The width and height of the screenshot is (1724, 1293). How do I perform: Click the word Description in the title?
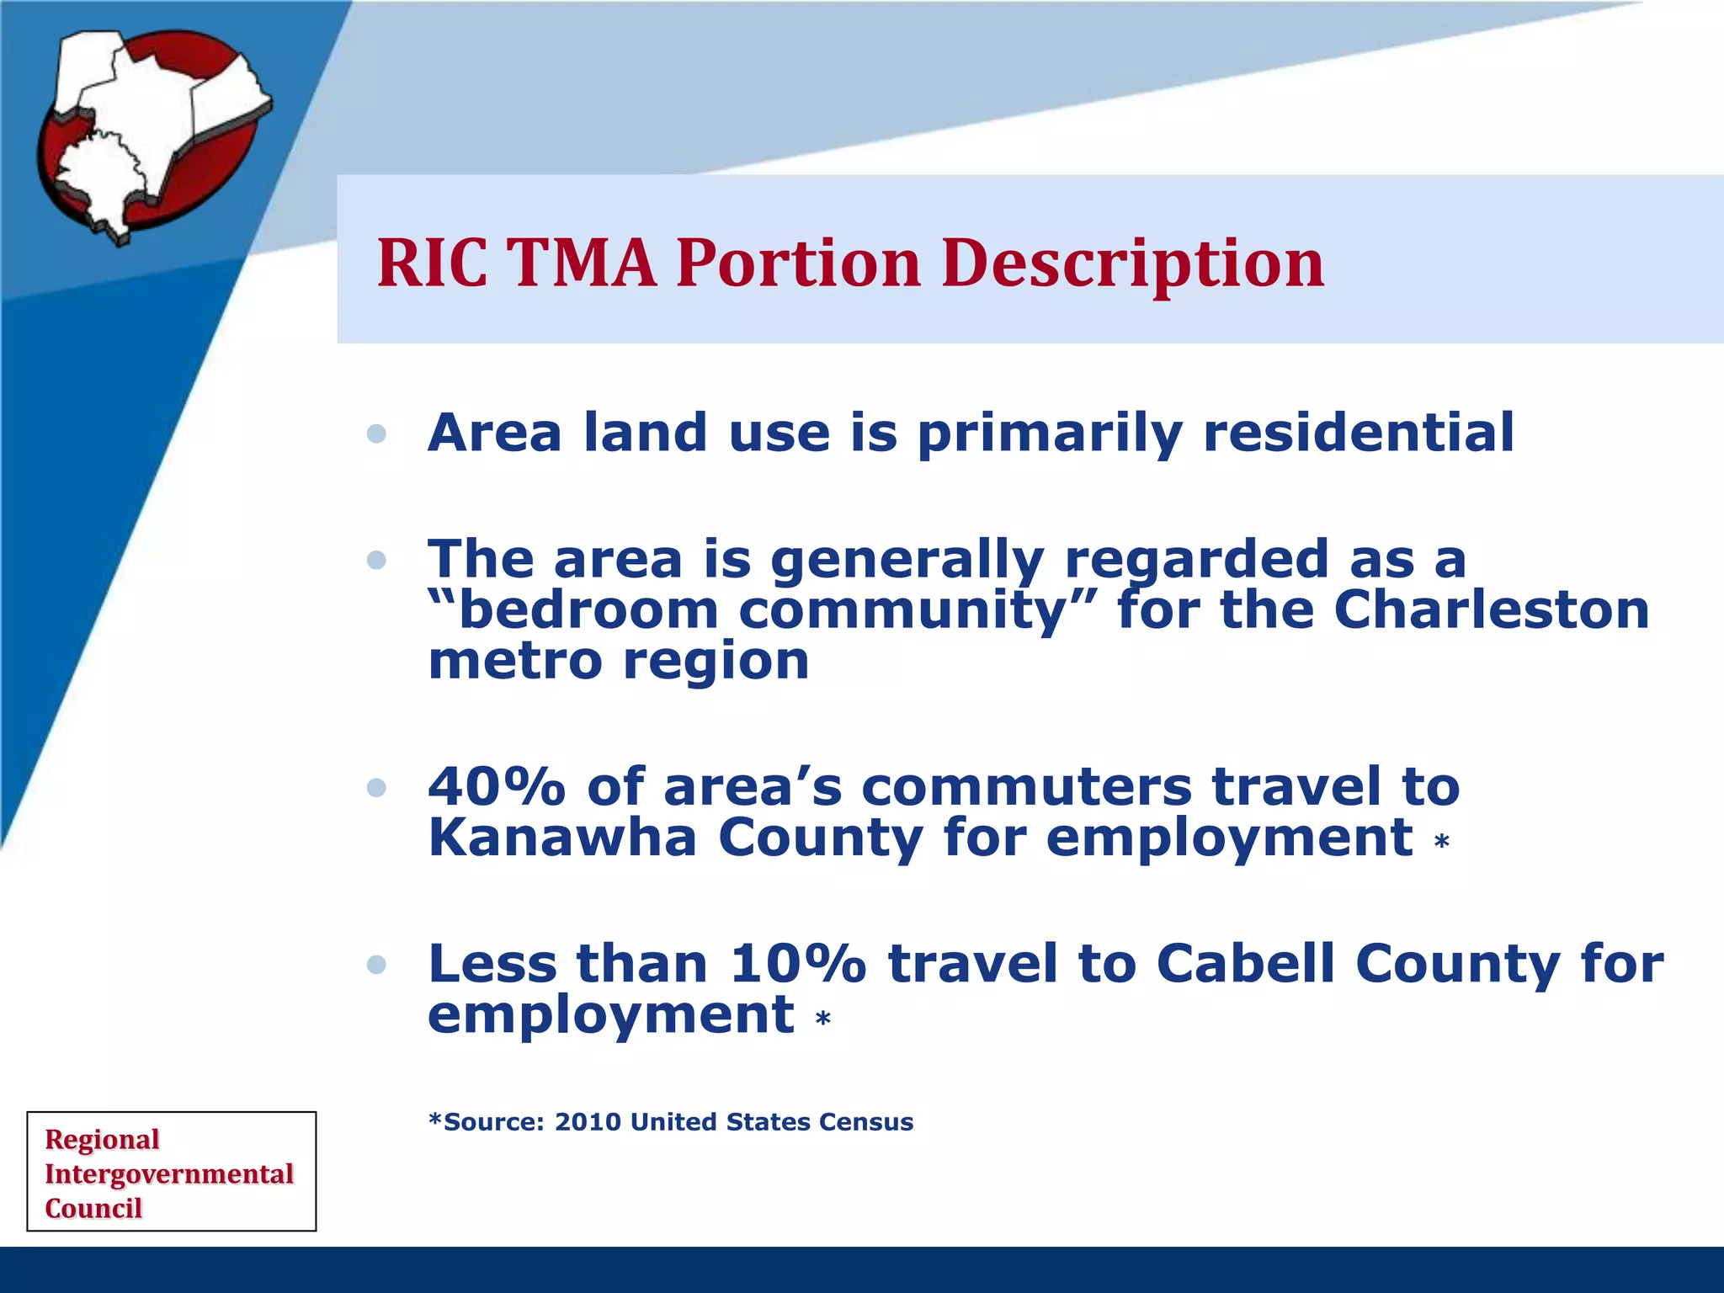point(1132,263)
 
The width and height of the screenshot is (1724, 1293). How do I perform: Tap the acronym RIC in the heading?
point(432,263)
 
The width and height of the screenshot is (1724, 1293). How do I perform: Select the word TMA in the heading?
point(583,263)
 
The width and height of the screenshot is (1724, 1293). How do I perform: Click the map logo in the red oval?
point(152,135)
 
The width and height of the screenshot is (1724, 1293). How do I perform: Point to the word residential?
point(1358,433)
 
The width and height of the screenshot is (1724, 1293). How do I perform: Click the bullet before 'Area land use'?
point(377,434)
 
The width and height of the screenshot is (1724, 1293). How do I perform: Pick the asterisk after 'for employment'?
point(1441,841)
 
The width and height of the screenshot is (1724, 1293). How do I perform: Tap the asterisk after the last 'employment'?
point(822,1019)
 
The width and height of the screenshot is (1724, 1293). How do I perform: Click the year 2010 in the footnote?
point(587,1122)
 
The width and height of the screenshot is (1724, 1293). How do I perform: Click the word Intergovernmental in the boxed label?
point(168,1173)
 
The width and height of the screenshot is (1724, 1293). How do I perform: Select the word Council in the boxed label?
point(93,1208)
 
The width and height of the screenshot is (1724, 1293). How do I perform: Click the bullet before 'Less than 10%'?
point(377,965)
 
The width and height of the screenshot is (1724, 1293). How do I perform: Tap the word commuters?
point(1026,786)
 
